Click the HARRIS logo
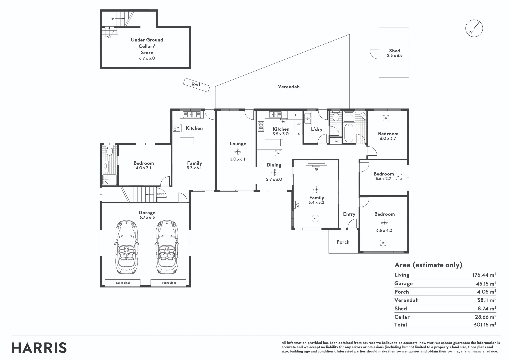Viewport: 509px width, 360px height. point(39,348)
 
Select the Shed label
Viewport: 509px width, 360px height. point(394,51)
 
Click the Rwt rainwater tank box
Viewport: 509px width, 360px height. point(196,85)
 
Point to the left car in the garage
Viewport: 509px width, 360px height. point(126,246)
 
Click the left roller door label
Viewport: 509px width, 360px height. point(123,283)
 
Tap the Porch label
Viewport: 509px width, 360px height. point(343,242)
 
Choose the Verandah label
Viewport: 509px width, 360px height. point(289,87)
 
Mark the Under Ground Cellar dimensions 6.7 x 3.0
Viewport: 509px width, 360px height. point(147,58)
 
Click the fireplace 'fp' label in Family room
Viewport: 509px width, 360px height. point(316,169)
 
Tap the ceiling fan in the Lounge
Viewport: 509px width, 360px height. point(238,152)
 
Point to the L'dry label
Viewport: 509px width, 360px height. point(316,129)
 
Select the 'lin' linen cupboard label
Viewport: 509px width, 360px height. point(336,141)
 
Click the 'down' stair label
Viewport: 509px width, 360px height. point(160,194)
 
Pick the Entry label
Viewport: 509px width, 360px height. point(349,214)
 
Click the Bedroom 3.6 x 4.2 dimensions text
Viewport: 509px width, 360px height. point(384,230)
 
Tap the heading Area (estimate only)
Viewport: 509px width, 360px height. point(428,265)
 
